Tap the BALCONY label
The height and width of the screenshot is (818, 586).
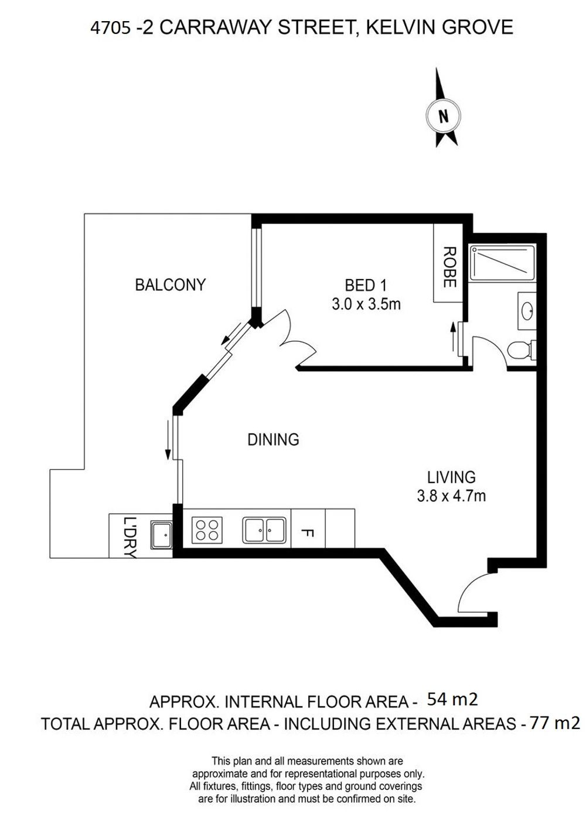click(x=171, y=285)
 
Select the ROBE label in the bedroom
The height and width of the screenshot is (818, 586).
click(x=449, y=267)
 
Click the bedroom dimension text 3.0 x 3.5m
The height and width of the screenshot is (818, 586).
click(x=366, y=304)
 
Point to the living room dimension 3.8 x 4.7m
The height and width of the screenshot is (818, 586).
click(x=451, y=496)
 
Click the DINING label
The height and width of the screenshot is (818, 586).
click(x=273, y=439)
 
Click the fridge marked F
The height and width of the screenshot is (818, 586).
click(x=308, y=528)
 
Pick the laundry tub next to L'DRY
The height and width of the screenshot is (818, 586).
click(x=161, y=535)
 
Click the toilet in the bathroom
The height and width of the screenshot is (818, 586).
click(x=522, y=350)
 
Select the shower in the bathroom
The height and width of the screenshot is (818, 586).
click(x=502, y=263)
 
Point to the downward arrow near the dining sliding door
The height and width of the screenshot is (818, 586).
click(x=168, y=439)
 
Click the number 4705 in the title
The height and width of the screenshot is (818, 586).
click(x=110, y=28)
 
